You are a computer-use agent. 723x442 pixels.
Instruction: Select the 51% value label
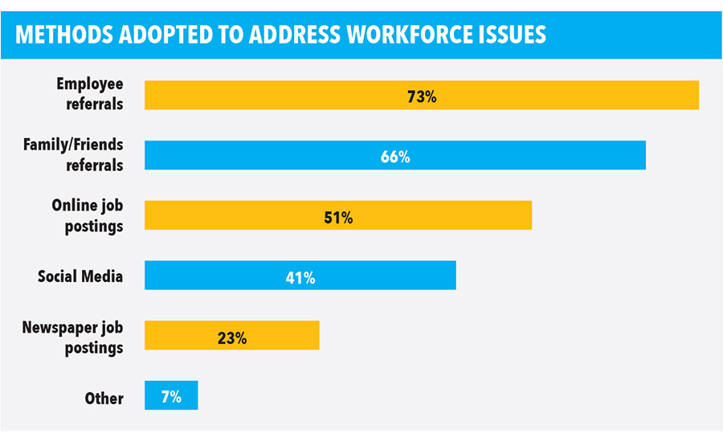tap(338, 217)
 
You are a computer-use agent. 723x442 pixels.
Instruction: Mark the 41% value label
tap(300, 277)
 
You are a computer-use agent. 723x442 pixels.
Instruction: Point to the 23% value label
tap(231, 338)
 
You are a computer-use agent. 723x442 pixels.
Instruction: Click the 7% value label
tap(170, 397)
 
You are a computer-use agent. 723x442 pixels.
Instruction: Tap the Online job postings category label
tap(88, 215)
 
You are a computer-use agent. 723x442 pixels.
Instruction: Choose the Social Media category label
tap(80, 276)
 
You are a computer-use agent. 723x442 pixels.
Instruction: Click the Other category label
tap(104, 398)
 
